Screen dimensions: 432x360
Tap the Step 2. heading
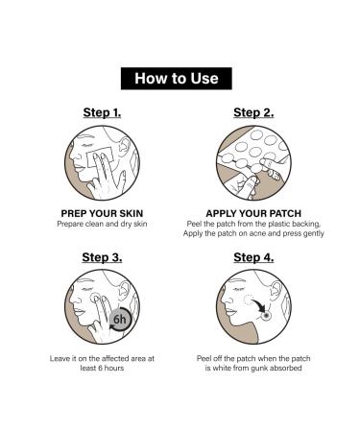click(252, 112)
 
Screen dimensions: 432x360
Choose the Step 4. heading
click(252, 256)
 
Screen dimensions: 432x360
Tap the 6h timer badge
click(120, 321)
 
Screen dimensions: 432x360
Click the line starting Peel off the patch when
click(252, 359)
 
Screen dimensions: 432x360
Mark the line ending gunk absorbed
click(252, 370)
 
